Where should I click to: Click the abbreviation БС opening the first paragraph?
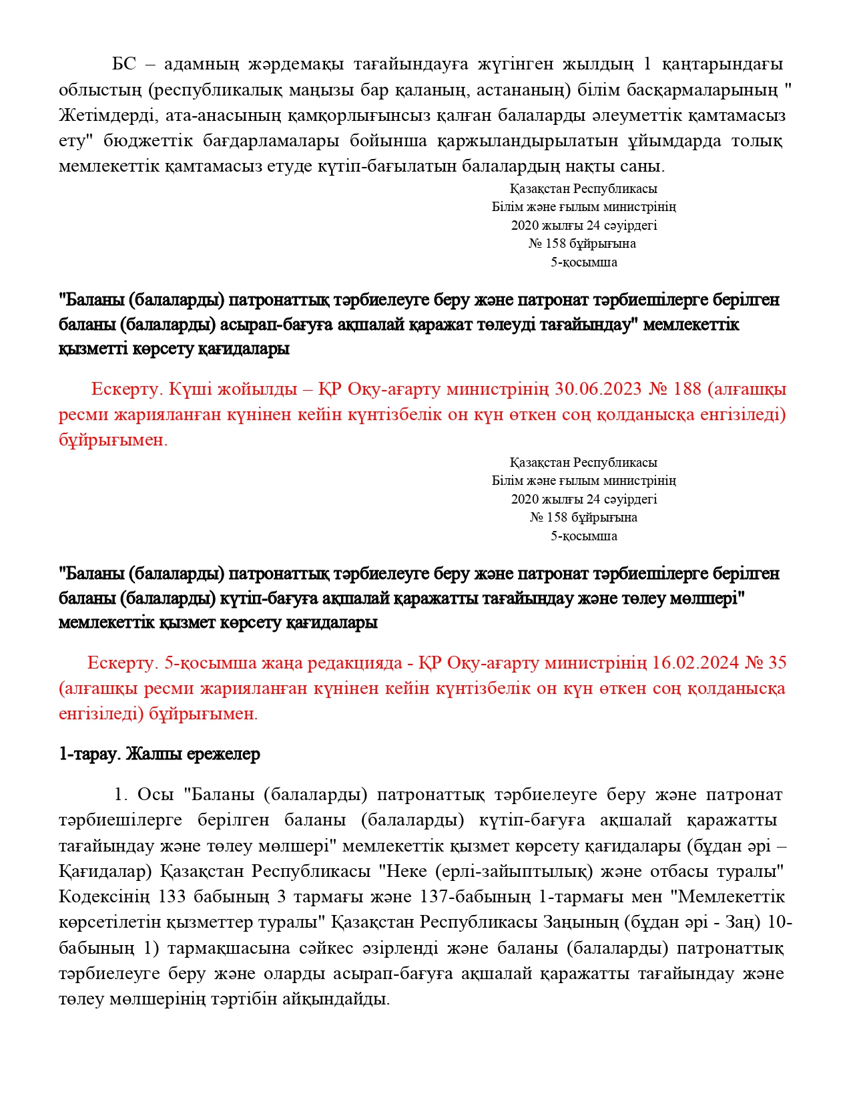point(124,64)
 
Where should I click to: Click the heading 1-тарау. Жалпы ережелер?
point(160,754)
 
